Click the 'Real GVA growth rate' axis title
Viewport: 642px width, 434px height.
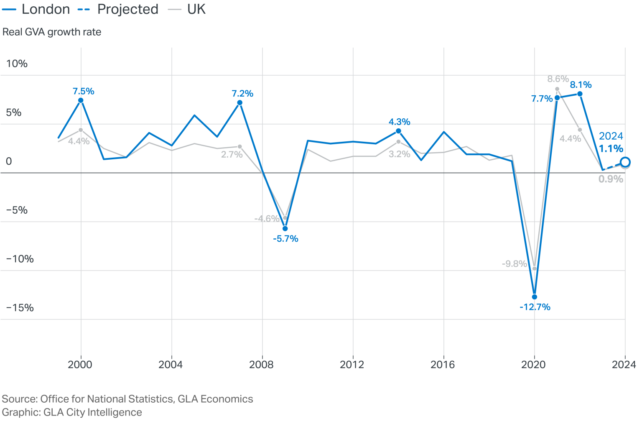point(52,32)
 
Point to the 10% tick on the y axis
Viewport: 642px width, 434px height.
point(17,64)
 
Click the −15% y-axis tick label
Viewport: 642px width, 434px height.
point(20,308)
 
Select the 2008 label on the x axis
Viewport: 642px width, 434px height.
point(261,365)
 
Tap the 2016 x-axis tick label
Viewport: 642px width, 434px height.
point(443,365)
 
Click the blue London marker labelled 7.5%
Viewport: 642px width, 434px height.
point(81,100)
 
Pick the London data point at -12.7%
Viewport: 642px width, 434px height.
point(534,297)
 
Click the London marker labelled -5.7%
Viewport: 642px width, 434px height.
point(285,229)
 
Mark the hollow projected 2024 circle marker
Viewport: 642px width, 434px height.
point(625,162)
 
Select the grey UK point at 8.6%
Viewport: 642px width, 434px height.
point(557,89)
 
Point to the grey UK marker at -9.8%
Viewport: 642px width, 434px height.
point(534,268)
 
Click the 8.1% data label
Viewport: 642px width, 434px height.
point(581,85)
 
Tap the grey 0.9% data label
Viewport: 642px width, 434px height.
point(611,179)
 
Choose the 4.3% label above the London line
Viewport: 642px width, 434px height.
point(399,122)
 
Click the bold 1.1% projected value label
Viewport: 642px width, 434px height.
point(611,149)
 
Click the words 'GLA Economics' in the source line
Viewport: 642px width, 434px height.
point(215,399)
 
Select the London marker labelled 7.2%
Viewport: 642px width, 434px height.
point(240,103)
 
